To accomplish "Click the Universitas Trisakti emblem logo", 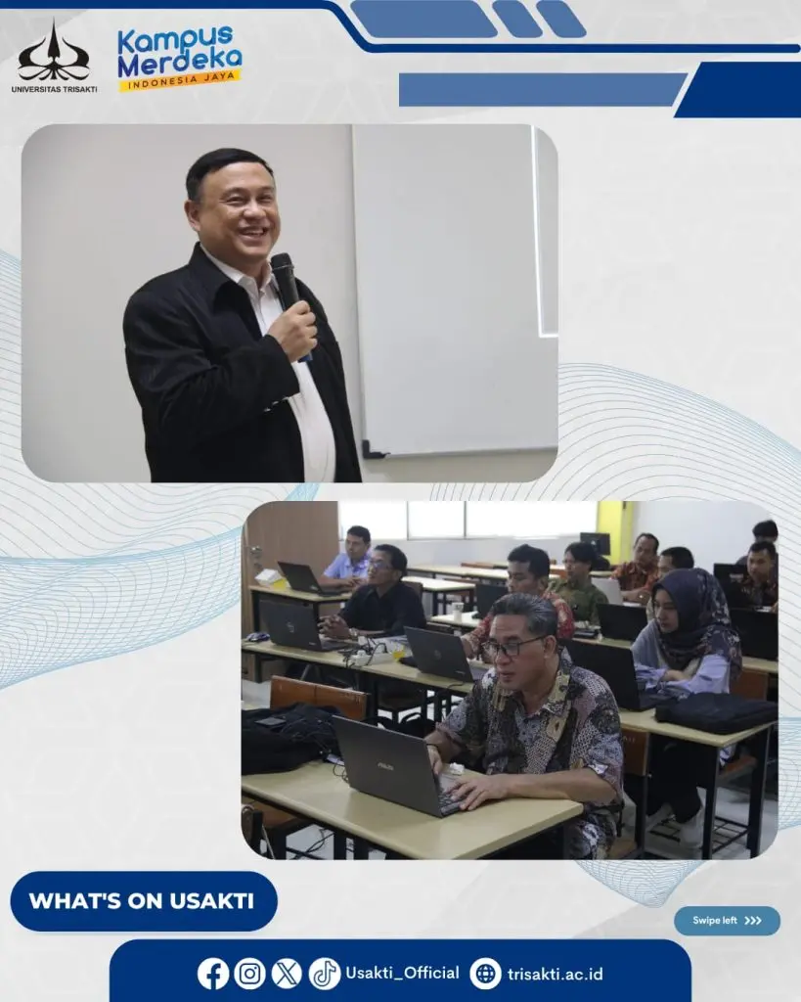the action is click(x=54, y=51).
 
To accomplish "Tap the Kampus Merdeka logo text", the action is click(x=180, y=51).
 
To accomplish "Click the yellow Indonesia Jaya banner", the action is click(x=180, y=80).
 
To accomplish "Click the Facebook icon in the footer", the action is click(x=212, y=974).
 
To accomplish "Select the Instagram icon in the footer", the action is click(x=249, y=974).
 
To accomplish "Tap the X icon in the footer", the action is click(x=287, y=974).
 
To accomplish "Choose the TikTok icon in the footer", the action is click(x=325, y=974).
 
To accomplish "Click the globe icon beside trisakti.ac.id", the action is click(x=485, y=974).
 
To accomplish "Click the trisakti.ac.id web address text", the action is click(x=556, y=974).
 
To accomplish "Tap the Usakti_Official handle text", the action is click(x=402, y=974).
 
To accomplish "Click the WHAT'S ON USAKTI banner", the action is click(x=144, y=901).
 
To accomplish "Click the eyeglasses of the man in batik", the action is click(x=512, y=647).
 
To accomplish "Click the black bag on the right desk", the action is click(x=715, y=712).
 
